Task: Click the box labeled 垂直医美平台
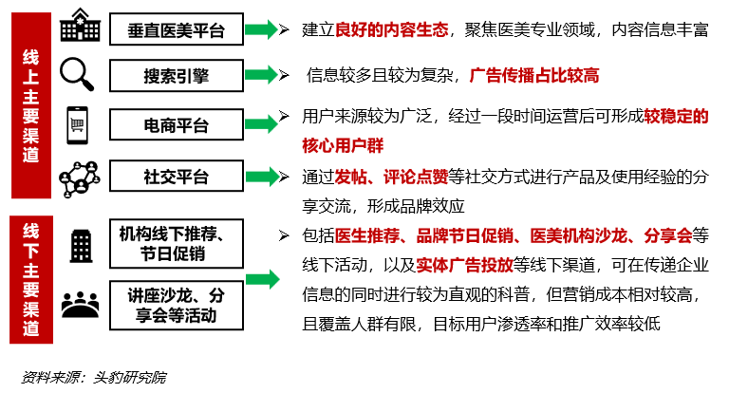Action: (177, 29)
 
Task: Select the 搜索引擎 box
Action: (177, 75)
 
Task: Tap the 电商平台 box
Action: (177, 124)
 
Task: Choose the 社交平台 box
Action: (177, 176)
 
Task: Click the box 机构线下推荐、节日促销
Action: (177, 244)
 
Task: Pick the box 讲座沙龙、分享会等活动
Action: (177, 305)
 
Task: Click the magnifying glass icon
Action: (77, 74)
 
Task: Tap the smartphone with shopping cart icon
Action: (77, 125)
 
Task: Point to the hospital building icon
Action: (80, 25)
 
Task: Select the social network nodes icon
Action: (80, 179)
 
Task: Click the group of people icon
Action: (80, 305)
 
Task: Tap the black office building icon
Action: (81, 246)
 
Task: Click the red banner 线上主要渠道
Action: (31, 105)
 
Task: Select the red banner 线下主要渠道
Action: (31, 279)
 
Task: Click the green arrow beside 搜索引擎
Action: (261, 75)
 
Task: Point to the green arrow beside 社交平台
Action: (262, 177)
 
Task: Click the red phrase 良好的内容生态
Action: (391, 29)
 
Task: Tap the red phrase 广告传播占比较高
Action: (534, 75)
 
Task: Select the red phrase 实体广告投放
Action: (464, 265)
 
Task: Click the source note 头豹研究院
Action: (129, 377)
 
